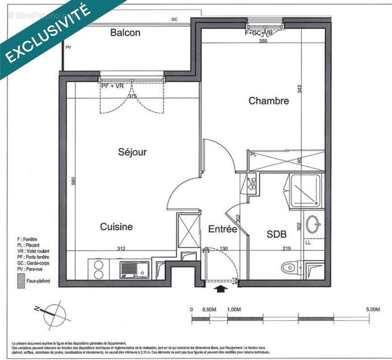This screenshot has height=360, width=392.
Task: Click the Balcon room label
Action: [x=125, y=33]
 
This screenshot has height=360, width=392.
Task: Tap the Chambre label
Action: [x=269, y=101]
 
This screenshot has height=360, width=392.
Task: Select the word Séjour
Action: [x=132, y=152]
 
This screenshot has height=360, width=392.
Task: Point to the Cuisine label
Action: [x=116, y=227]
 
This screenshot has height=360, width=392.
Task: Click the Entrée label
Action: [x=222, y=229]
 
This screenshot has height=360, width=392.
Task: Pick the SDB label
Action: [x=277, y=234]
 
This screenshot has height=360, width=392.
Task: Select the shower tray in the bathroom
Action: [x=306, y=190]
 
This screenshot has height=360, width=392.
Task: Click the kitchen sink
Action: [x=135, y=270]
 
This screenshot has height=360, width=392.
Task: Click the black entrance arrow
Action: [x=220, y=288]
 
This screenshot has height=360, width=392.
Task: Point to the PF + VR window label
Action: [x=112, y=86]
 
